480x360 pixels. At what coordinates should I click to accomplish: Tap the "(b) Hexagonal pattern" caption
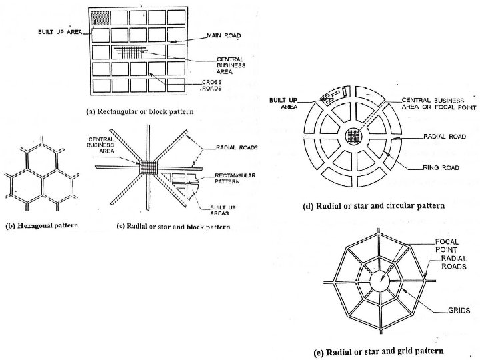(x=42, y=225)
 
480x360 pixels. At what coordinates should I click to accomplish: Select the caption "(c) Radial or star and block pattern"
(x=173, y=227)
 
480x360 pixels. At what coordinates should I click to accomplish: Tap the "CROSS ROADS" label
(x=213, y=85)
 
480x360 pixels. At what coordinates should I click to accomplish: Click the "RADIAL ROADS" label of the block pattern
(x=237, y=147)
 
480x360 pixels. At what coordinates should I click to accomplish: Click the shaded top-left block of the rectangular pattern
(x=99, y=18)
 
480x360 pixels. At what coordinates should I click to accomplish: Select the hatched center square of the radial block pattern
(x=147, y=166)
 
